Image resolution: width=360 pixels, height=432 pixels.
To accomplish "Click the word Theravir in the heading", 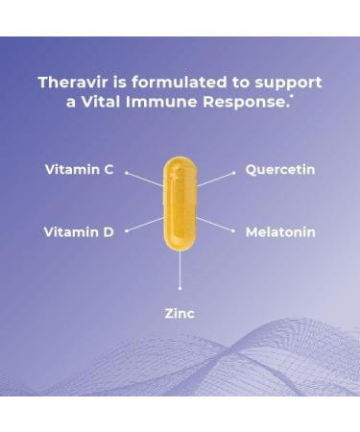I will [70, 83].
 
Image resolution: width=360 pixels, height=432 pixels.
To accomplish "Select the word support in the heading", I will [288, 84].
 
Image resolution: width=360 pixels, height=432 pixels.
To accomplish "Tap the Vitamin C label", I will [79, 170].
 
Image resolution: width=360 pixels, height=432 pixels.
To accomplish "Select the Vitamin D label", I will [79, 231].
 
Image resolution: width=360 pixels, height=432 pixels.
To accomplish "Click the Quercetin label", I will [280, 170].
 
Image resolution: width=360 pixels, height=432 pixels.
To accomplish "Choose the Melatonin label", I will [280, 231].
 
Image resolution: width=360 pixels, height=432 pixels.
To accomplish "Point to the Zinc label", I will [180, 313].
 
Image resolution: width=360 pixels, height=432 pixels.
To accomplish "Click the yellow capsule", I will [179, 204].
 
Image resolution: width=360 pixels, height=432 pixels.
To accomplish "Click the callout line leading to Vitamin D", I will [144, 225].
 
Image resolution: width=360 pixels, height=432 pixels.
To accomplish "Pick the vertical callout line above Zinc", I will [180, 269].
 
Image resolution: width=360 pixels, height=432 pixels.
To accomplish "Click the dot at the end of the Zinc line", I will [180, 287].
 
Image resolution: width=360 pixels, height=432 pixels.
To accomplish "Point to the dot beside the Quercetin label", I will [233, 173].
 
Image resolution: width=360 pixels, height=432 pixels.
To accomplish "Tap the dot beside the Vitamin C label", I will [126, 173].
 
